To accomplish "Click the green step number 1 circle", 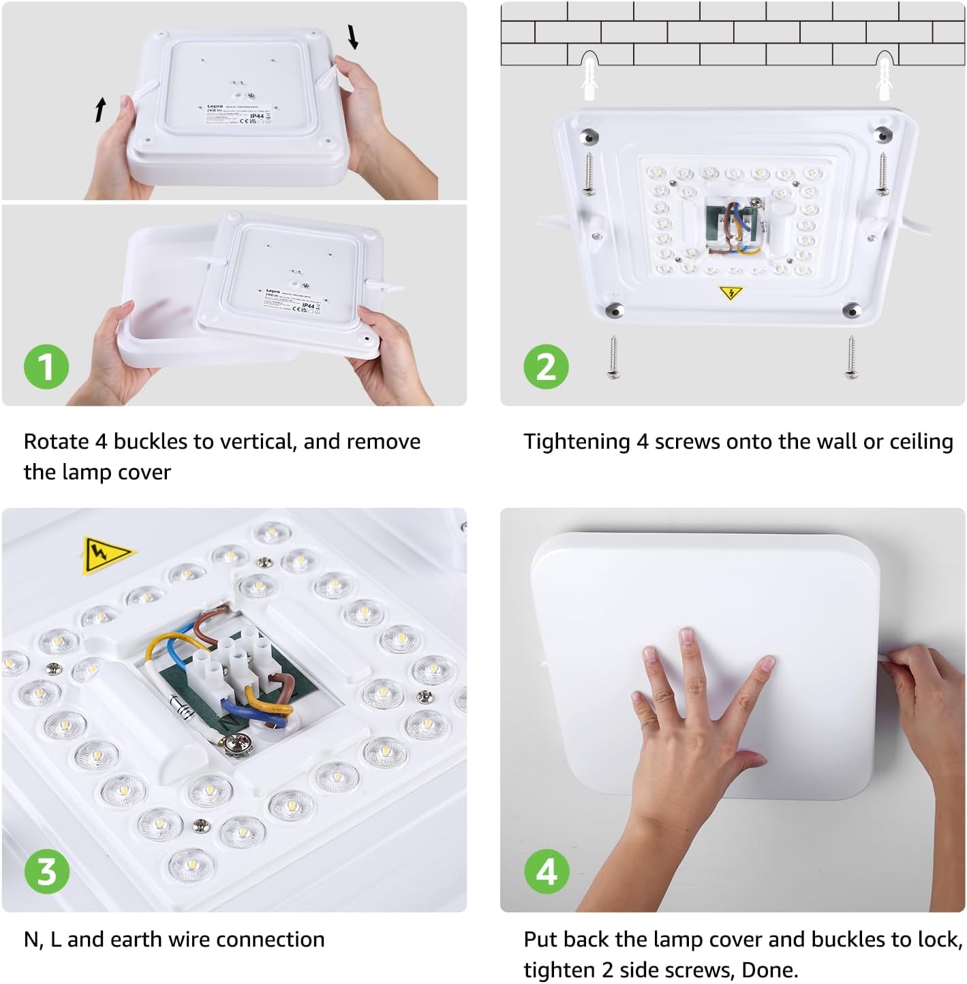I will pyautogui.click(x=46, y=367).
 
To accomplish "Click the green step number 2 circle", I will pyautogui.click(x=546, y=367).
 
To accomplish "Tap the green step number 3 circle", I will pyautogui.click(x=46, y=872).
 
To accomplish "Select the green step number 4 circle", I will pyautogui.click(x=546, y=872).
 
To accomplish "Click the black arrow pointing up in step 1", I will pyautogui.click(x=101, y=109).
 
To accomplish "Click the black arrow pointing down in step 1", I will pyautogui.click(x=353, y=37).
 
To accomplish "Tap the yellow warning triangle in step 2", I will pyautogui.click(x=731, y=293).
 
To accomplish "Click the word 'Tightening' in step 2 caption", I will pyautogui.click(x=577, y=442).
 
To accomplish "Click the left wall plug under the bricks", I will pyautogui.click(x=589, y=78).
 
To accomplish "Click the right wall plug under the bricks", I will pyautogui.click(x=884, y=78).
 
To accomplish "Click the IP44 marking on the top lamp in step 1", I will pyautogui.click(x=257, y=116).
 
